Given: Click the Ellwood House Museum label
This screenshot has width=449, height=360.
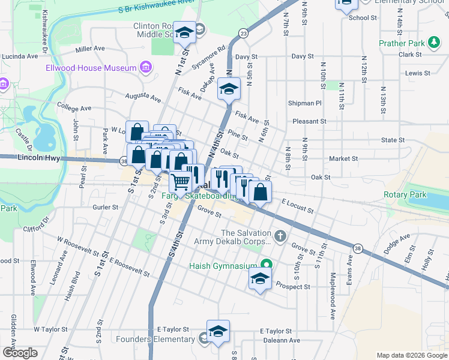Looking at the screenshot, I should pos(91,68).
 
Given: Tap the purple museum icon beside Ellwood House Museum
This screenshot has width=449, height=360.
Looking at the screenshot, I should pos(145,67).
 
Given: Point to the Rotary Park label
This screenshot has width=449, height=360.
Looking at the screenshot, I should pos(405,194).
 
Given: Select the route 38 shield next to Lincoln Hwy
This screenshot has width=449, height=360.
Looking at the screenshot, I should pos(123,161).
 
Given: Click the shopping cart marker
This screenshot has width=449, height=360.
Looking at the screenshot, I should pos(180,181).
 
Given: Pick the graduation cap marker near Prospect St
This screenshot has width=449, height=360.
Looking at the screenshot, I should pos(259,278).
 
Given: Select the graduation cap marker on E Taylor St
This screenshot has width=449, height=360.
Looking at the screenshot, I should pos(218,331).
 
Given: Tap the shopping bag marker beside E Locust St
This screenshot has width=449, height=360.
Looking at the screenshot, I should pos(261,192).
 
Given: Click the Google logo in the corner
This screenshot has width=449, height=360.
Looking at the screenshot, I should pos(20,352).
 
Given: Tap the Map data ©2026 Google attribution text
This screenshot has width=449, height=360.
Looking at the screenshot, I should pos(411,355).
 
